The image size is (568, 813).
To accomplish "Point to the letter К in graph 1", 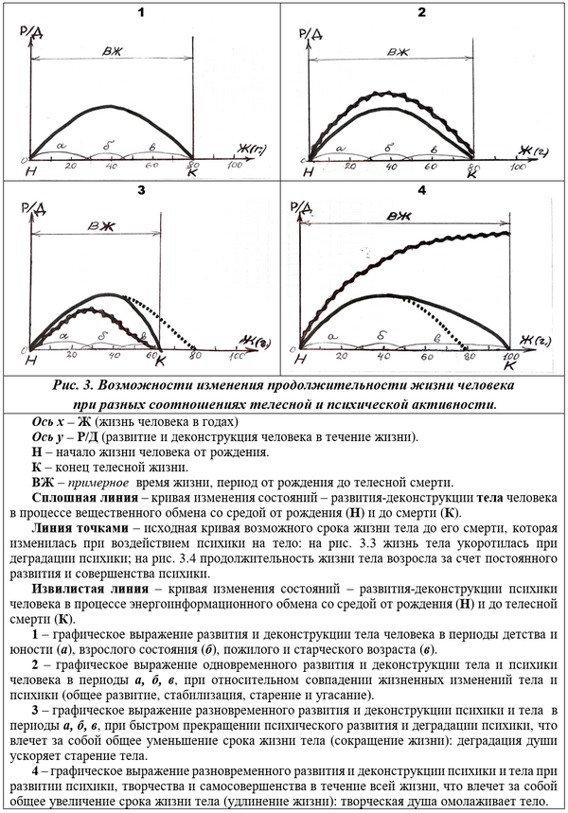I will tap(191, 174).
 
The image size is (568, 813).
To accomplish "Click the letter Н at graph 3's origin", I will tap(31, 361).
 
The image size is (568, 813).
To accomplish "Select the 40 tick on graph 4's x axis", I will tap(388, 356).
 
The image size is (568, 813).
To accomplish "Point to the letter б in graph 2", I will tap(389, 148).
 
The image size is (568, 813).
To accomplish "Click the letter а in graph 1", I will tap(62, 146).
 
